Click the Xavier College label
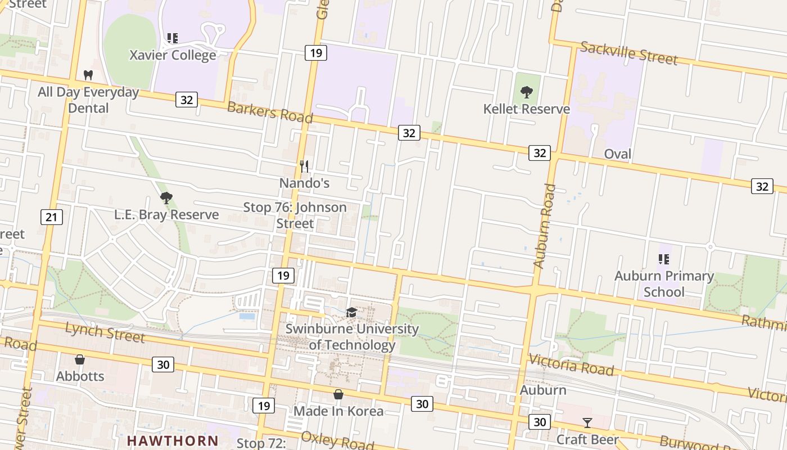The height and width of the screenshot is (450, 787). (x=173, y=55)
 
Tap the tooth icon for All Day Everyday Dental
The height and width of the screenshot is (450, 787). (x=88, y=75)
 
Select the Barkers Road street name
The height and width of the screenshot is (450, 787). (x=269, y=111)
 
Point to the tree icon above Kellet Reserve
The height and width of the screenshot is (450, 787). (x=527, y=92)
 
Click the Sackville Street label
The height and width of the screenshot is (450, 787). (x=628, y=53)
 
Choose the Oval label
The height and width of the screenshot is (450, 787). (x=617, y=154)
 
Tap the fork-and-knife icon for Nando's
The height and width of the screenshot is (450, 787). (x=304, y=166)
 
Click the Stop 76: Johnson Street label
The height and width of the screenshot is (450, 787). (x=295, y=215)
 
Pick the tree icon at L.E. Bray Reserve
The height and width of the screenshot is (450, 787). (x=166, y=197)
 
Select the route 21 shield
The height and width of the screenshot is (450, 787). (x=51, y=217)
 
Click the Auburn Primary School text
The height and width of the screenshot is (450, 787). (x=664, y=284)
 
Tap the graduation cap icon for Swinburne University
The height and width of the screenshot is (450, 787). (x=351, y=312)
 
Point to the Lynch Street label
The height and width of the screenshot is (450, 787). (x=105, y=332)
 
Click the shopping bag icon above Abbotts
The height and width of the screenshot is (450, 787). (x=80, y=359)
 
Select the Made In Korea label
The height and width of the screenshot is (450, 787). (x=338, y=411)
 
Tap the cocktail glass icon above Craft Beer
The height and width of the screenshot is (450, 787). (x=587, y=422)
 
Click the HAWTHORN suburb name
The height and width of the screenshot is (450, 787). (x=172, y=440)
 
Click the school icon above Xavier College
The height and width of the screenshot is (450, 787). (x=173, y=38)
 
